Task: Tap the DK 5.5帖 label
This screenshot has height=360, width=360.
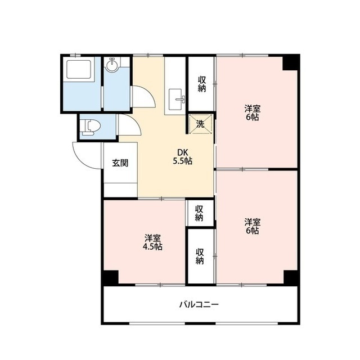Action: [x=183, y=156]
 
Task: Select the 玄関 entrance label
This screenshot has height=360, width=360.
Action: [x=120, y=163]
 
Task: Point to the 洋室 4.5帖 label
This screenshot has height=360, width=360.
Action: [x=152, y=242]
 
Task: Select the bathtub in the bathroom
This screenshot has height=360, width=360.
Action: [x=78, y=70]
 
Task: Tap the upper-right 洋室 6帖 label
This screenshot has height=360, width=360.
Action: [x=251, y=113]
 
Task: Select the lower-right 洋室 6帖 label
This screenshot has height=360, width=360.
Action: [x=251, y=226]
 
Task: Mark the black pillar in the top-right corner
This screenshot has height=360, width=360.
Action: [x=290, y=62]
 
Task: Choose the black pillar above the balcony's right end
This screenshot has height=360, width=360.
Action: [x=290, y=278]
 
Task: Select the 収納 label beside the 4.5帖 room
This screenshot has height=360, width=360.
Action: [x=200, y=256]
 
